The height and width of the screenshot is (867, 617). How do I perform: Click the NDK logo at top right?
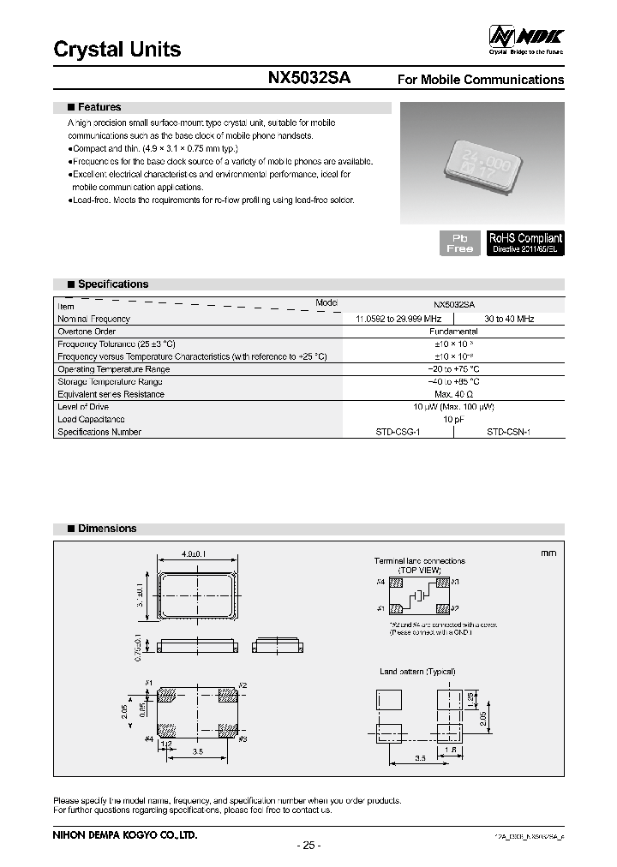pyautogui.click(x=525, y=36)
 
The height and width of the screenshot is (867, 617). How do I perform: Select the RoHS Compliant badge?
pyautogui.click(x=525, y=242)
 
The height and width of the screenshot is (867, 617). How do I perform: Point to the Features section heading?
pyautogui.click(x=99, y=107)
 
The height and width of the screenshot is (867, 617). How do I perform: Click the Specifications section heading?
pyautogui.click(x=112, y=284)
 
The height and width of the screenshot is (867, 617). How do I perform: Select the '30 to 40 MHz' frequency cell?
pyautogui.click(x=509, y=319)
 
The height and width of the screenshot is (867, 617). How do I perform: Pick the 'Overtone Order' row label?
pyautogui.click(x=87, y=332)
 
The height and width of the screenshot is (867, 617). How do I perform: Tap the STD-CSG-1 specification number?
pyautogui.click(x=398, y=433)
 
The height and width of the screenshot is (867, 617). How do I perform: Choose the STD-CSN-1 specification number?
pyautogui.click(x=509, y=433)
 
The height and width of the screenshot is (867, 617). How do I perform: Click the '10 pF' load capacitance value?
pyautogui.click(x=454, y=420)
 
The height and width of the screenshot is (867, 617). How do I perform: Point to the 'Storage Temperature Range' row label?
pyautogui.click(x=110, y=381)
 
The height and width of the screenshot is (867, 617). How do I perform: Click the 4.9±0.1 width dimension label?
pyautogui.click(x=196, y=554)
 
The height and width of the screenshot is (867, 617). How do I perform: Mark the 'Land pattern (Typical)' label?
pyautogui.click(x=417, y=672)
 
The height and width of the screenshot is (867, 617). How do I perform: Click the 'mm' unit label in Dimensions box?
pyautogui.click(x=548, y=553)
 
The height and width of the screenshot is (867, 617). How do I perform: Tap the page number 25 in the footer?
pyautogui.click(x=308, y=846)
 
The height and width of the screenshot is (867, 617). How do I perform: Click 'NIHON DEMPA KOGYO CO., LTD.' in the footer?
pyautogui.click(x=125, y=834)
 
